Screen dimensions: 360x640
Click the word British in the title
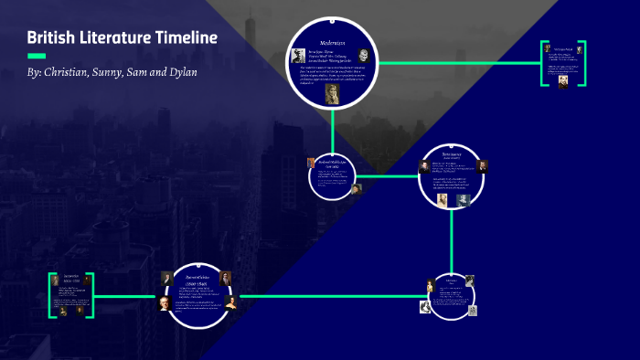coord(50,38)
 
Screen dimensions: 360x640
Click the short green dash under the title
coord(37,56)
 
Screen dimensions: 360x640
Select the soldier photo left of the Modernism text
coord(299,57)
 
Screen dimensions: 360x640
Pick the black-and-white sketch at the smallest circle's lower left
coord(426,307)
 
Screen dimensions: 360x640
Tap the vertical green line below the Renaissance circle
coord(452,238)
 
